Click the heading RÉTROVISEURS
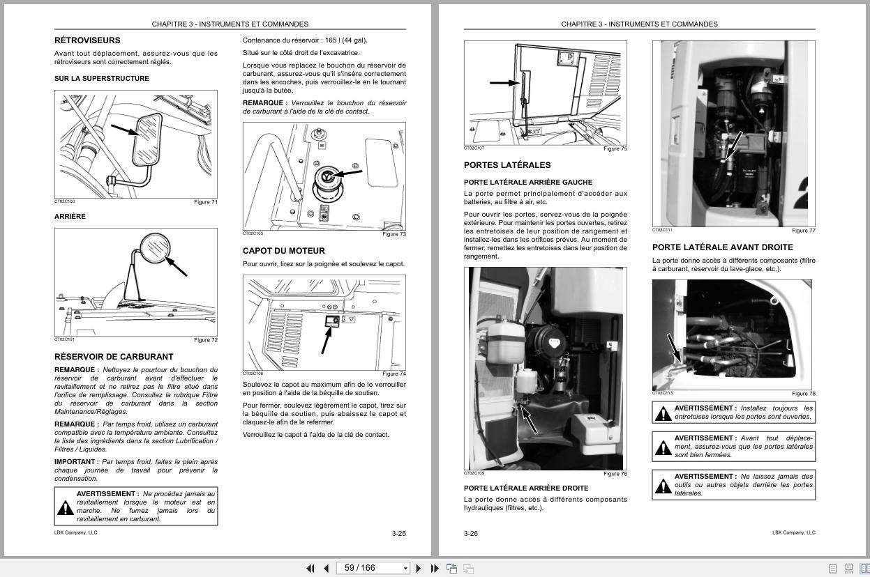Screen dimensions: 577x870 87,40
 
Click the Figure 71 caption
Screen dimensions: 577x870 206,202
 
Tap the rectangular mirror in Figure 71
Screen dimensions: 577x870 148,140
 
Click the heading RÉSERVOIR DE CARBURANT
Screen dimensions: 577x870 114,357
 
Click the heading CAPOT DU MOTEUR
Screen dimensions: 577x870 283,251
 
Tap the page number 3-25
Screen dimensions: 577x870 398,534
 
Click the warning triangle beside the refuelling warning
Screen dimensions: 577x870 65,507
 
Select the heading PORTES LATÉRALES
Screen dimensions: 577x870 507,165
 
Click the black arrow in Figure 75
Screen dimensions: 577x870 504,83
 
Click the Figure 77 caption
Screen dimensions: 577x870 803,231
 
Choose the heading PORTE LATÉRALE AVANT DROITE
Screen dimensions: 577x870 722,247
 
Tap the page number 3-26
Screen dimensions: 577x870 471,534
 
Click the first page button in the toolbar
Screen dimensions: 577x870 310,568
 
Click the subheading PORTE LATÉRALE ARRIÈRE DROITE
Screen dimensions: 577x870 525,488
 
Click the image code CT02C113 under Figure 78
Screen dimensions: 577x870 662,393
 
